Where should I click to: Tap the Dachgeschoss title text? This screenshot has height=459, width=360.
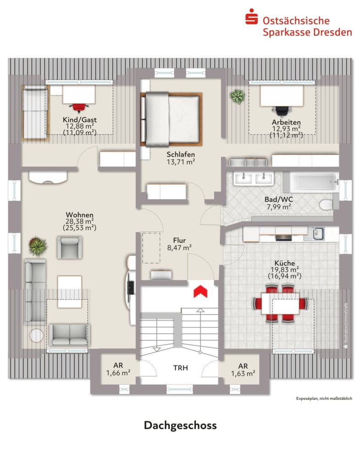[180, 425]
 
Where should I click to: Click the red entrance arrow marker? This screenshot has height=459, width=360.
[199, 291]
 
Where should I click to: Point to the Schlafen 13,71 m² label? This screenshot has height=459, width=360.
[180, 158]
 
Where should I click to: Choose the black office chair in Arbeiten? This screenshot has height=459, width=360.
[282, 110]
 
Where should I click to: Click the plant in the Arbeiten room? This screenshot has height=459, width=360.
[237, 96]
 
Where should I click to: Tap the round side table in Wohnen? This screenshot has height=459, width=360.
[37, 335]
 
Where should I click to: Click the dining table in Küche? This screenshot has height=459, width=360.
[280, 304]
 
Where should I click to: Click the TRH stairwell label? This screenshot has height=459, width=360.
[180, 368]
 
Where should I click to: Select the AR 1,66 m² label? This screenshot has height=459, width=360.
[118, 369]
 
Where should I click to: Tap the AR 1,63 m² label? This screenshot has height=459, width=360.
[243, 369]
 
